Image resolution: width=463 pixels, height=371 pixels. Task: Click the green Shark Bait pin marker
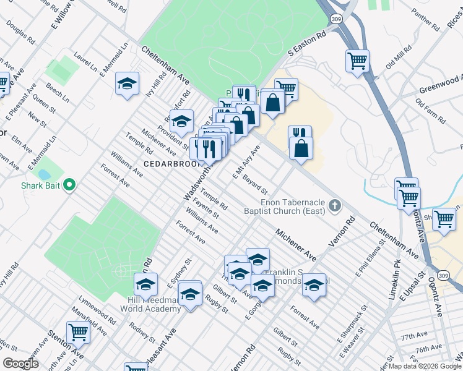[x=69, y=185]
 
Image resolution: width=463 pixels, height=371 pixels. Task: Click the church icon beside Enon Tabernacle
[x=335, y=206]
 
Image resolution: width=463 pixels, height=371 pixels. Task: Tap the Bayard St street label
[x=254, y=184]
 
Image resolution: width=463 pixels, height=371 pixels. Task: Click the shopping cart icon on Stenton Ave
[x=79, y=332]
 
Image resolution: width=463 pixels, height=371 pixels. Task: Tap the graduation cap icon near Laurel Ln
[x=127, y=83]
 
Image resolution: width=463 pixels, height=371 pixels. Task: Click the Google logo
[x=20, y=364]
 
